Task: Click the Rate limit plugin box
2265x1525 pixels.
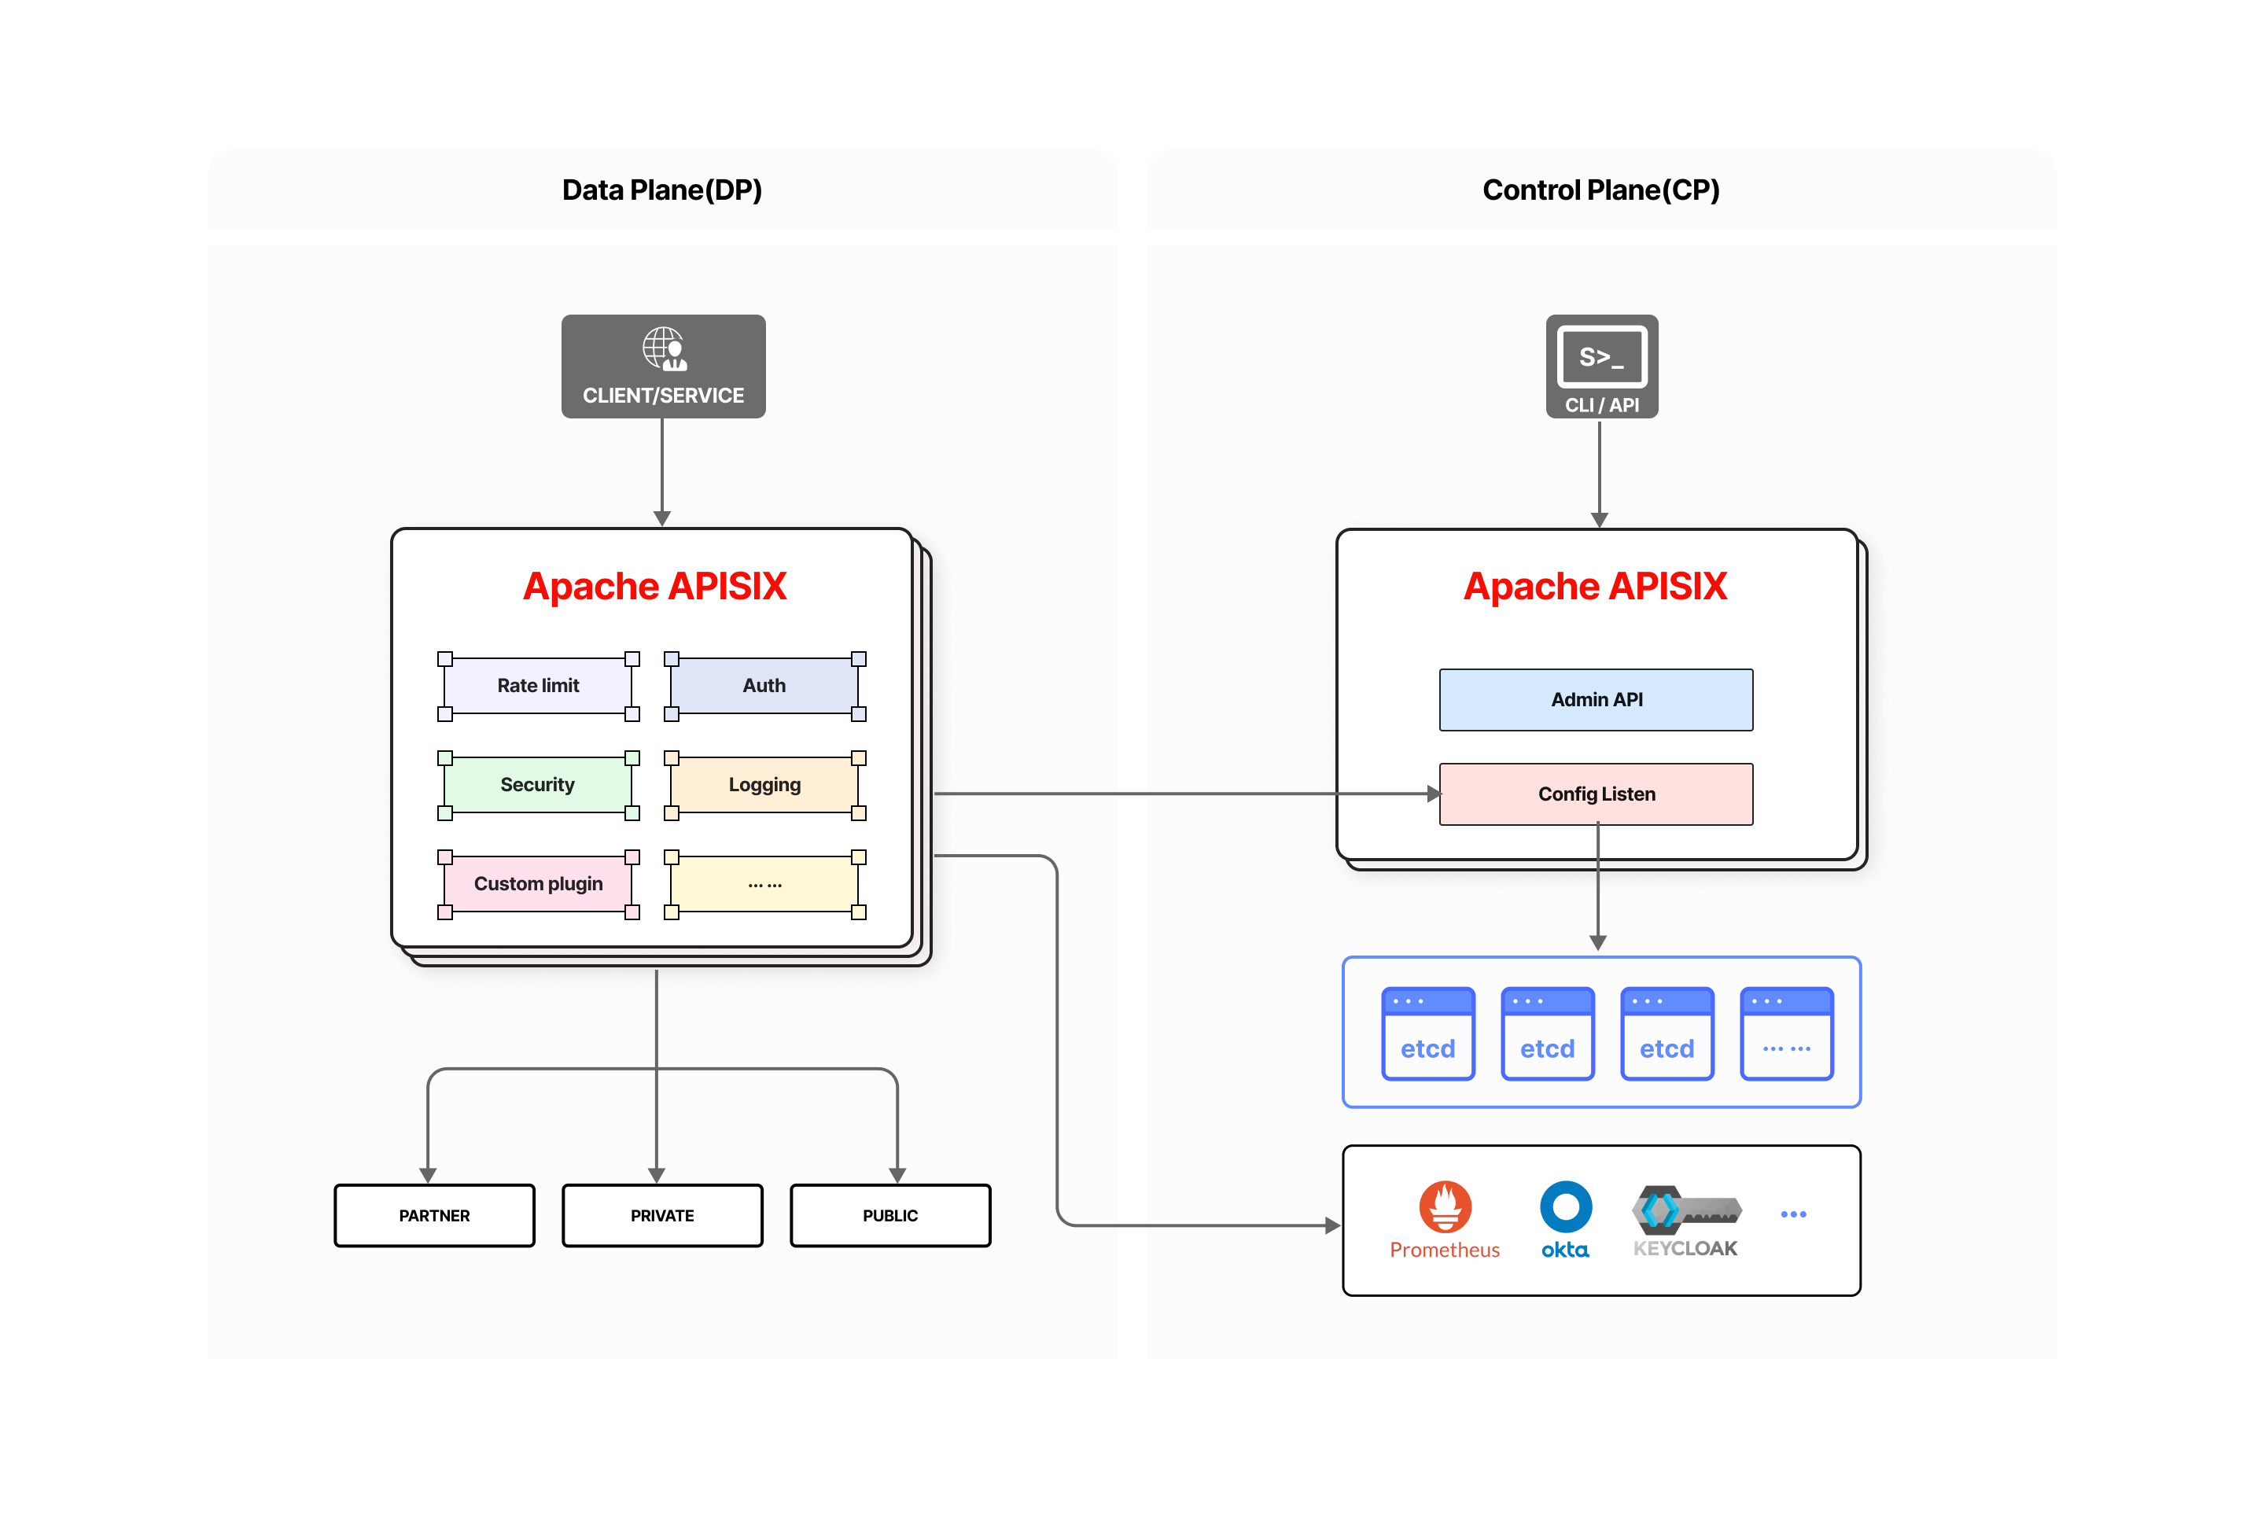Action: [x=538, y=686]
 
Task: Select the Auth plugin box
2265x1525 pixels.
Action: [x=764, y=686]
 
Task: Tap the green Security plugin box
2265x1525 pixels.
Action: [x=538, y=785]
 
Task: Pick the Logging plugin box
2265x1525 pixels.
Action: [x=764, y=785]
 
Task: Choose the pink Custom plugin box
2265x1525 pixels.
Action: [x=538, y=884]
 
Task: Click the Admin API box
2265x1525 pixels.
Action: [x=1596, y=699]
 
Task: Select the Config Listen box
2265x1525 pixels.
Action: [x=1596, y=794]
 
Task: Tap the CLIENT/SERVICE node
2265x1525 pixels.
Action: [x=663, y=367]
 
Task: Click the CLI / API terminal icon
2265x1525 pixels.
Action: [x=1602, y=357]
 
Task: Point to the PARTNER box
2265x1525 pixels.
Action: [x=435, y=1216]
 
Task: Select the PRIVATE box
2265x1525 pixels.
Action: [x=662, y=1216]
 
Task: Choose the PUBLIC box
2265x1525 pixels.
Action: [x=889, y=1216]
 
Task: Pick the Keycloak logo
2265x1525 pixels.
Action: [x=1685, y=1211]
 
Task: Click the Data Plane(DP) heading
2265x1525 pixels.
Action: [x=662, y=190]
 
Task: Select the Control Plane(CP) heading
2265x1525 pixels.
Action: [x=1600, y=190]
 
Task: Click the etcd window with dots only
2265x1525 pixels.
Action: [x=1787, y=1034]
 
